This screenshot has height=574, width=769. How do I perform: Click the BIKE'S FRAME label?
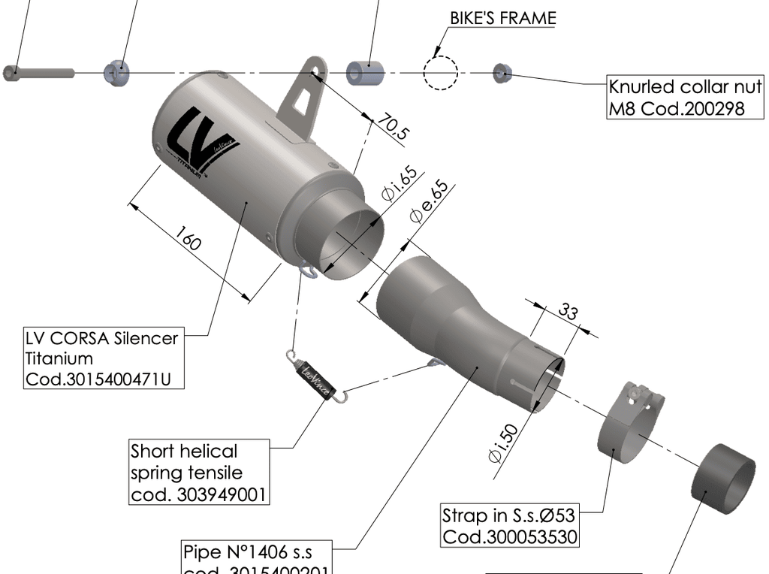click(x=502, y=17)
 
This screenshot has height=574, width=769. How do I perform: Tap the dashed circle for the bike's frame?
click(x=440, y=73)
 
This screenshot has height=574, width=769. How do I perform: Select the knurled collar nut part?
click(x=502, y=73)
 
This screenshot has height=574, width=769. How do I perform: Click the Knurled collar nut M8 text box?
click(x=685, y=98)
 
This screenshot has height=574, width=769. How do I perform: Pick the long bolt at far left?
click(x=38, y=73)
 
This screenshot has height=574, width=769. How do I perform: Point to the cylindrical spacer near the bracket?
click(x=365, y=73)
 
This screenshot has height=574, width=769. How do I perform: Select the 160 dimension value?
click(x=188, y=240)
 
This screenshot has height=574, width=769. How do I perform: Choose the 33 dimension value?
click(x=568, y=311)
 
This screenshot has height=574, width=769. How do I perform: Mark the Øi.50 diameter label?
click(x=502, y=443)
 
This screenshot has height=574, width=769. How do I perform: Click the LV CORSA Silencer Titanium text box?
click(x=102, y=358)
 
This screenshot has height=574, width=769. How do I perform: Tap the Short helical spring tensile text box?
click(x=199, y=472)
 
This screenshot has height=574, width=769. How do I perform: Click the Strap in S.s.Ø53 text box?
click(x=510, y=526)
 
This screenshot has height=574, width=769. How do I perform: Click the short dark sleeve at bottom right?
click(x=723, y=479)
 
